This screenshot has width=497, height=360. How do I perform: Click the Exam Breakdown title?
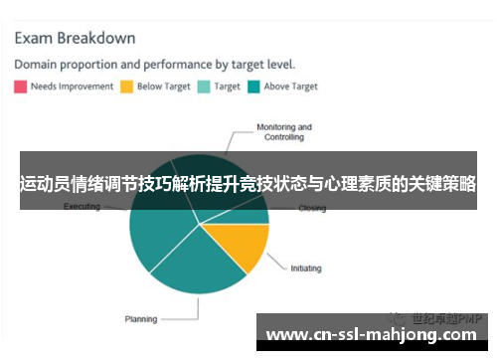click(x=75, y=39)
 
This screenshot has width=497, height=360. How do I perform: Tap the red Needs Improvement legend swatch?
click(x=20, y=87)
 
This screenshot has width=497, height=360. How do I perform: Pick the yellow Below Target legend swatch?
click(x=126, y=87)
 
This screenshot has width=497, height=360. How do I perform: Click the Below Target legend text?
click(x=163, y=87)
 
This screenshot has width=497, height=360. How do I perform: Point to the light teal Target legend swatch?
click(x=204, y=87)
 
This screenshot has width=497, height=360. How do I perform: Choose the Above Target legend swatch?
click(x=253, y=87)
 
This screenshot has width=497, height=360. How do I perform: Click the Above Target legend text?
click(x=291, y=87)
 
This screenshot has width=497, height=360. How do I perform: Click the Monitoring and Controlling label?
click(x=284, y=131)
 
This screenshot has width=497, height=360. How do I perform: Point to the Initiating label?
click(x=306, y=269)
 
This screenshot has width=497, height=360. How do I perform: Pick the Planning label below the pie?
click(x=140, y=319)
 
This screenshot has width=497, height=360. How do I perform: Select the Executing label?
click(x=82, y=207)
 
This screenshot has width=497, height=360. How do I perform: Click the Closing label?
click(x=312, y=209)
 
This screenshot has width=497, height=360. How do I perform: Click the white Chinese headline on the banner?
click(x=248, y=185)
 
